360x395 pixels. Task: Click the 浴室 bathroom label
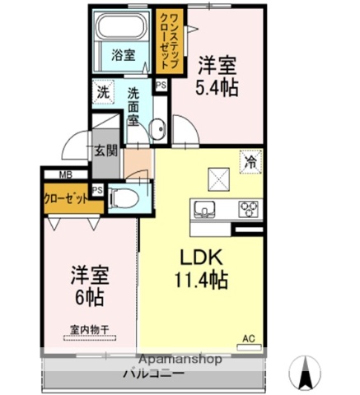(123, 57)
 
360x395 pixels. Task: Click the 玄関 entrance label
(105, 151)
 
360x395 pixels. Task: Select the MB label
(64, 174)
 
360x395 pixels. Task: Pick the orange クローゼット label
(66, 198)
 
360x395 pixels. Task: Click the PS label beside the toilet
(97, 190)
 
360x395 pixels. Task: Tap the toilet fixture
(123, 197)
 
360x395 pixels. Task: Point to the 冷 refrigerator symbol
(250, 161)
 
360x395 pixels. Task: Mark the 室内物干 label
(90, 331)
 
